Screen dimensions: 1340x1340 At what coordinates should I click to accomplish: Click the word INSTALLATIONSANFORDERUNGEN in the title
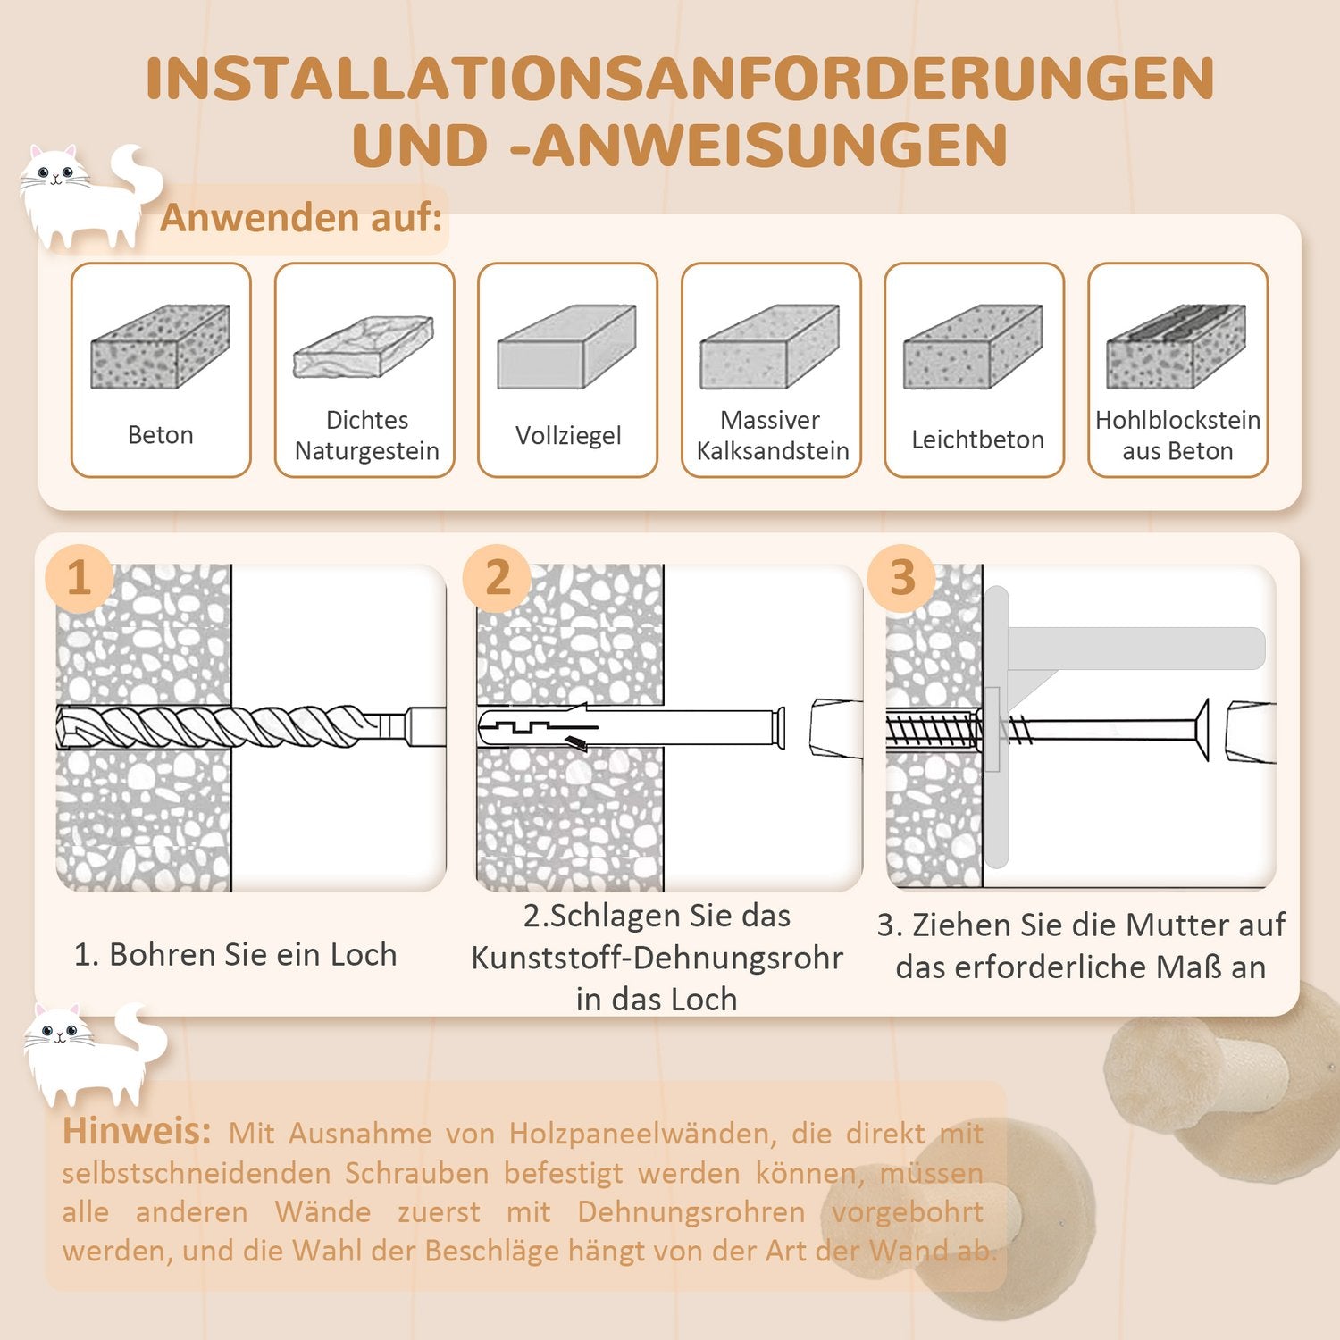click(679, 79)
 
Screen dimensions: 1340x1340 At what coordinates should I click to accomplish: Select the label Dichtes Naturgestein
click(366, 435)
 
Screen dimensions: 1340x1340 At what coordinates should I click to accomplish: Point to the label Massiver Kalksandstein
click(772, 435)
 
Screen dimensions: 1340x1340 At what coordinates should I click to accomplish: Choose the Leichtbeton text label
click(977, 440)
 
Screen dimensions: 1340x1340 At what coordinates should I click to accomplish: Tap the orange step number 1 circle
click(80, 578)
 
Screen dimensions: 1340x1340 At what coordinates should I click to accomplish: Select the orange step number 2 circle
click(497, 578)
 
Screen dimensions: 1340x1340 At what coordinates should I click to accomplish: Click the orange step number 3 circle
click(902, 578)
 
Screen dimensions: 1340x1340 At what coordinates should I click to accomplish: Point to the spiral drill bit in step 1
click(223, 726)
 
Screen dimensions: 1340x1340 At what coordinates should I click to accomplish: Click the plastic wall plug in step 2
click(625, 726)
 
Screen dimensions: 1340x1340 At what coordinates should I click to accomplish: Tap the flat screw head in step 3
click(1201, 731)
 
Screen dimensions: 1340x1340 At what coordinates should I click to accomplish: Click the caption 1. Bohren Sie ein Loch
click(235, 955)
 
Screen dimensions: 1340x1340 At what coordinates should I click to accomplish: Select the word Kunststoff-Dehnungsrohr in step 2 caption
click(657, 958)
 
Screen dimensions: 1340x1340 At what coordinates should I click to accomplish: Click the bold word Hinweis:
click(136, 1132)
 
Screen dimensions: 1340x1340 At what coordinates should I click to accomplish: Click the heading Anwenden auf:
click(301, 218)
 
